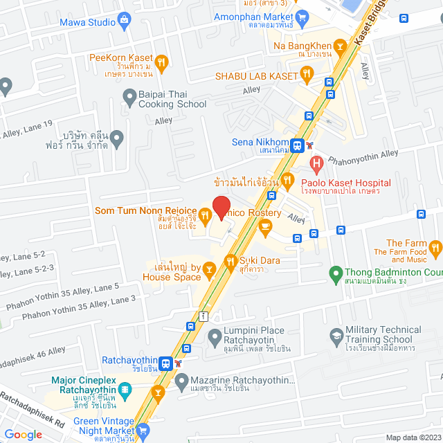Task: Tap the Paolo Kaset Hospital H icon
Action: [317, 165]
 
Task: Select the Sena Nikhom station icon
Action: [297, 145]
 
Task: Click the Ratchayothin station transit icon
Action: [166, 363]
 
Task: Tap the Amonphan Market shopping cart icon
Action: [302, 17]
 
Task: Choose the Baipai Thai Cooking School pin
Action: [129, 99]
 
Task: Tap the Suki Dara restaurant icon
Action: [230, 261]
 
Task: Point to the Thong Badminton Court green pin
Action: [336, 272]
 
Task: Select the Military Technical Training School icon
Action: [336, 336]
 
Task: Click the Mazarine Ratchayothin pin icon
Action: [181, 381]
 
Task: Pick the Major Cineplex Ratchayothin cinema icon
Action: [124, 390]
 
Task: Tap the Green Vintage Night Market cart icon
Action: [143, 431]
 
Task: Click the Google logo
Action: [24, 434]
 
